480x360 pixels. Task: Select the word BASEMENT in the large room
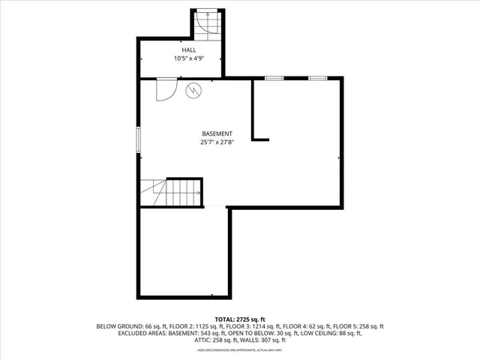coord(217,133)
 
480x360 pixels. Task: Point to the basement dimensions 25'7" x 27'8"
coord(217,142)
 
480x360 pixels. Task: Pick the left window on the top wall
coord(273,77)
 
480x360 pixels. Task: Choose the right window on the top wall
coord(317,77)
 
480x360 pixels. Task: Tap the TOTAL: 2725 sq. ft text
coord(239,319)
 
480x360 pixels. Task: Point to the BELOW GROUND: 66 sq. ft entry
coord(124,326)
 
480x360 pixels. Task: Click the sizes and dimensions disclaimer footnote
coord(239,350)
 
